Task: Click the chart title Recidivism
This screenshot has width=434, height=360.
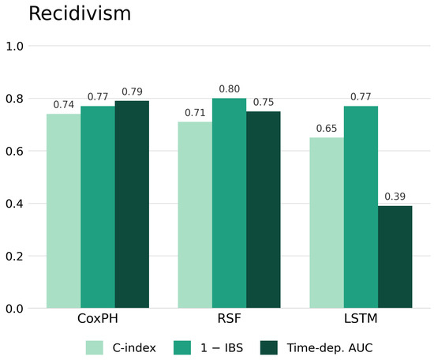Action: [80, 13]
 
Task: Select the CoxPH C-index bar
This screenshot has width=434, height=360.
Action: [64, 211]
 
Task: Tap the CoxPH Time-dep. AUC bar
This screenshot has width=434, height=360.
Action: [132, 204]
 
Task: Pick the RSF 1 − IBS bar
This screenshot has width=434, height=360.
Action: [229, 203]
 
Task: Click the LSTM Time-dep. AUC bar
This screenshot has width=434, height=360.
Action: [395, 257]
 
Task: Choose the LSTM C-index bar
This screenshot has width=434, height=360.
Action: [327, 223]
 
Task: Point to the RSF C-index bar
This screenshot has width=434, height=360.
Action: [195, 215]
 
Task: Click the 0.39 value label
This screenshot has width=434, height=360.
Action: [395, 197]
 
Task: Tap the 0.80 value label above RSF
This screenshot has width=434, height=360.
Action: [229, 89]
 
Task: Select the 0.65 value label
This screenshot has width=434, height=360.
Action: [327, 128]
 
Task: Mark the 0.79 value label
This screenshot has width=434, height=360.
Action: [132, 92]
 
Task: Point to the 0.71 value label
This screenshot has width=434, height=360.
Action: [195, 113]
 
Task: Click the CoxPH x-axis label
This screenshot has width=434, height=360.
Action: [98, 318]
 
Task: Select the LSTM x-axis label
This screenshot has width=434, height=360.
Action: [361, 318]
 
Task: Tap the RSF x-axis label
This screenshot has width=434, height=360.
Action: [229, 318]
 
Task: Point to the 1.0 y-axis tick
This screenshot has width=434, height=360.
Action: [14, 46]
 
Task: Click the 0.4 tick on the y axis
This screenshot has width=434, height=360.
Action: [14, 204]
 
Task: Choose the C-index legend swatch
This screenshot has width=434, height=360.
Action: [95, 347]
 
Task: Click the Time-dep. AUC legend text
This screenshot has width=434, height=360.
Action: [330, 348]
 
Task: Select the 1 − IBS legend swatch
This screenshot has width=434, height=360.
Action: [182, 347]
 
